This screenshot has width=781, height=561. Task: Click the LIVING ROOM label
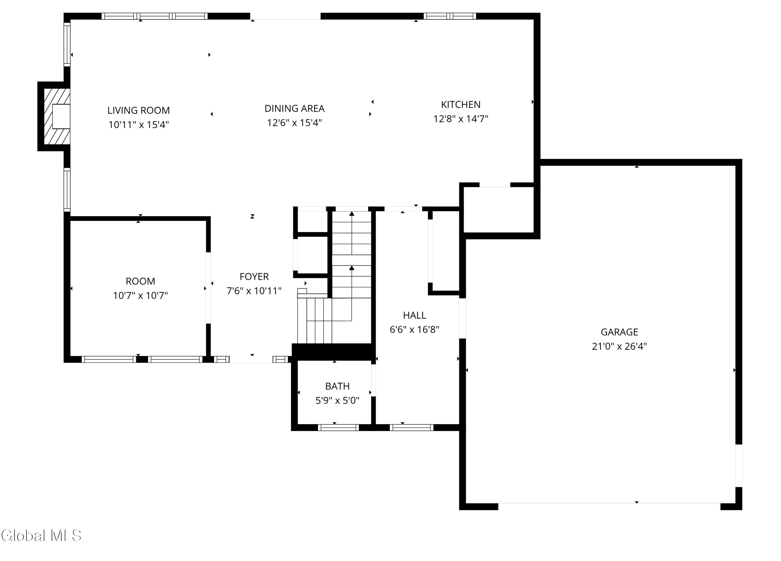138,111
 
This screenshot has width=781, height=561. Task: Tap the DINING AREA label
294,109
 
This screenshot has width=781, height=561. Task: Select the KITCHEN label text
461,105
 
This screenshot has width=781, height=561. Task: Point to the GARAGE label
620,332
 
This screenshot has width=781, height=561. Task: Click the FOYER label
254,277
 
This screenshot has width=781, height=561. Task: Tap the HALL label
415,315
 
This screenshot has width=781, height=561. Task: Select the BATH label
337,386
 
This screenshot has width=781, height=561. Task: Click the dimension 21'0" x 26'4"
620,346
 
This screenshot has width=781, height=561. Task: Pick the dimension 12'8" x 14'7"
461,119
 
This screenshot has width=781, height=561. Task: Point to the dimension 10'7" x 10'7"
141,296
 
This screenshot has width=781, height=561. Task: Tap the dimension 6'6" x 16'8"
415,330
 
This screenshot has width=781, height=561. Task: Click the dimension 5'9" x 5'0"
337,401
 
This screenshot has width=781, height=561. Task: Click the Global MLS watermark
41,535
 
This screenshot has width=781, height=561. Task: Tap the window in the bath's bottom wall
338,428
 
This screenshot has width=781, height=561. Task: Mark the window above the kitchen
450,16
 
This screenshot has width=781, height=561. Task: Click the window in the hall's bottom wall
412,428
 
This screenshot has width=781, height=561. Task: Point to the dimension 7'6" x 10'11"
254,291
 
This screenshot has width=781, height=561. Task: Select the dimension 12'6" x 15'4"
294,123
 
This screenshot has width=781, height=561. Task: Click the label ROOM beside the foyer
141,282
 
